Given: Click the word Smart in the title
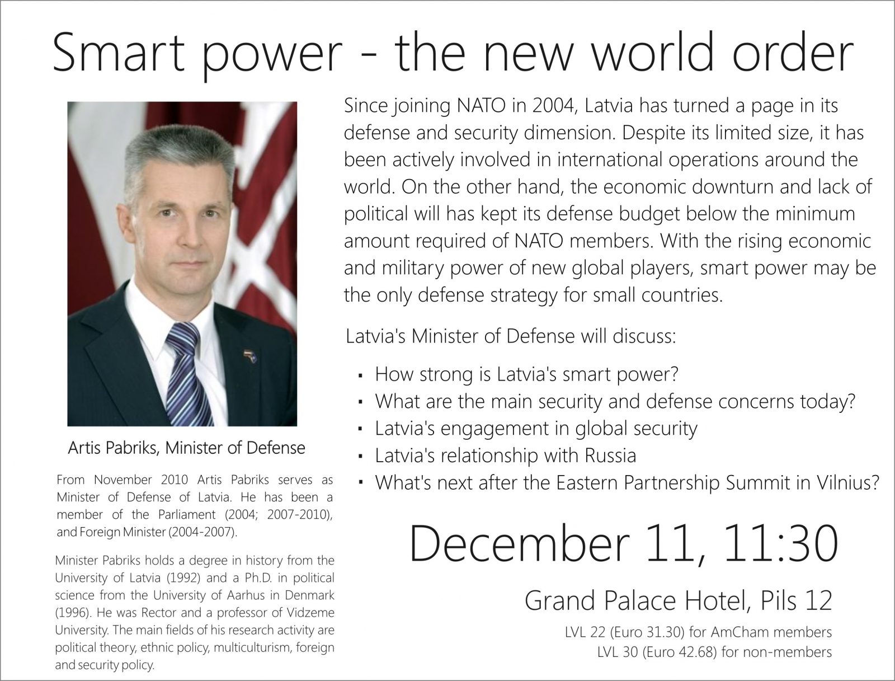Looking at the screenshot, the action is click(119, 53).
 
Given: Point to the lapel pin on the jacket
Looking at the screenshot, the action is click(248, 355).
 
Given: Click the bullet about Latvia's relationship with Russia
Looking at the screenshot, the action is click(505, 455).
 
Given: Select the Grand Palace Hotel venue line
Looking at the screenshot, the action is click(678, 600).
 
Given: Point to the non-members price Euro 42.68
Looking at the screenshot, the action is click(679, 652).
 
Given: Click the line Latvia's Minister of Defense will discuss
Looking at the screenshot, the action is click(511, 336).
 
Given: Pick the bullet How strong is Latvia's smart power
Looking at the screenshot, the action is click(526, 375).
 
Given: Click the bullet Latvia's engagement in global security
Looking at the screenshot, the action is click(536, 429).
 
